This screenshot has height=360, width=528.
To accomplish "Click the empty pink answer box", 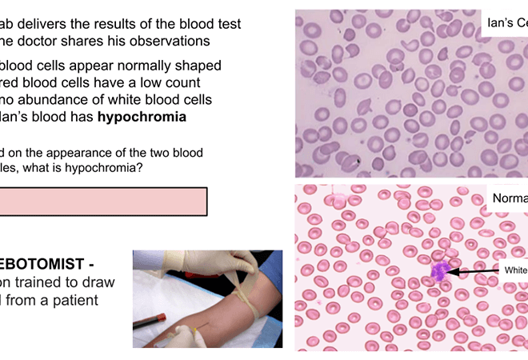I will point(103,201).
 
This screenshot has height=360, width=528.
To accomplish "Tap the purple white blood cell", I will point(438,272).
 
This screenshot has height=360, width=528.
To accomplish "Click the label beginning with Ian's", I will point(507,24).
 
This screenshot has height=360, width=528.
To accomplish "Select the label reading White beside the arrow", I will point(515,270).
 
